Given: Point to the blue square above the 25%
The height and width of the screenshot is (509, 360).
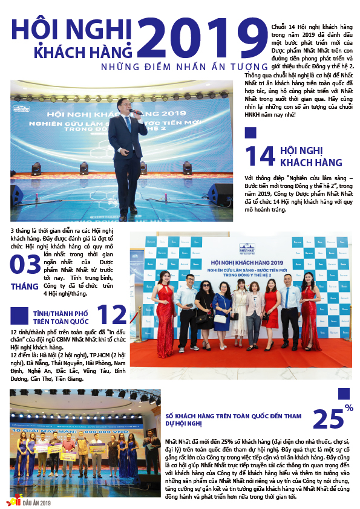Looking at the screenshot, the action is pos(343,393).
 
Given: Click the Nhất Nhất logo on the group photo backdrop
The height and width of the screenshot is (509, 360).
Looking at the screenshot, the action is pos(247,248).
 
